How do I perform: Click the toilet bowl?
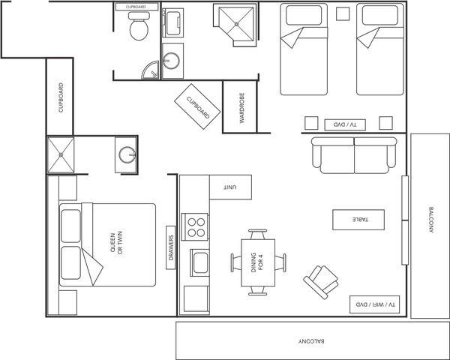139,30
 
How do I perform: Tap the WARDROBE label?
242,108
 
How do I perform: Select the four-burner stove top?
195,226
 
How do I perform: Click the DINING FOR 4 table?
258,262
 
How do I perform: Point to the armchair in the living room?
321,282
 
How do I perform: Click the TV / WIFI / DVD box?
374,304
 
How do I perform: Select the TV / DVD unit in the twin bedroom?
345,125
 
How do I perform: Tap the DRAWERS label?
171,247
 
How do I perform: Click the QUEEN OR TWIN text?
116,243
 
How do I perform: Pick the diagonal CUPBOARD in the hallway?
197,106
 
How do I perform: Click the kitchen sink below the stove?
199,263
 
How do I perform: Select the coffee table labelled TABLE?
358,220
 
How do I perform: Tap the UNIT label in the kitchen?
230,187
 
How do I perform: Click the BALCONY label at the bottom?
312,341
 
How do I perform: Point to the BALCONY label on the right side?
430,220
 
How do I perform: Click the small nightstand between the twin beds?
343,13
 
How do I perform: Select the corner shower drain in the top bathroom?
237,25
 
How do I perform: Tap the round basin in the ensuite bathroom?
127,154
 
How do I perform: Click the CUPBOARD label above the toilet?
136,7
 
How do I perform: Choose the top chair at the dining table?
258,234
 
